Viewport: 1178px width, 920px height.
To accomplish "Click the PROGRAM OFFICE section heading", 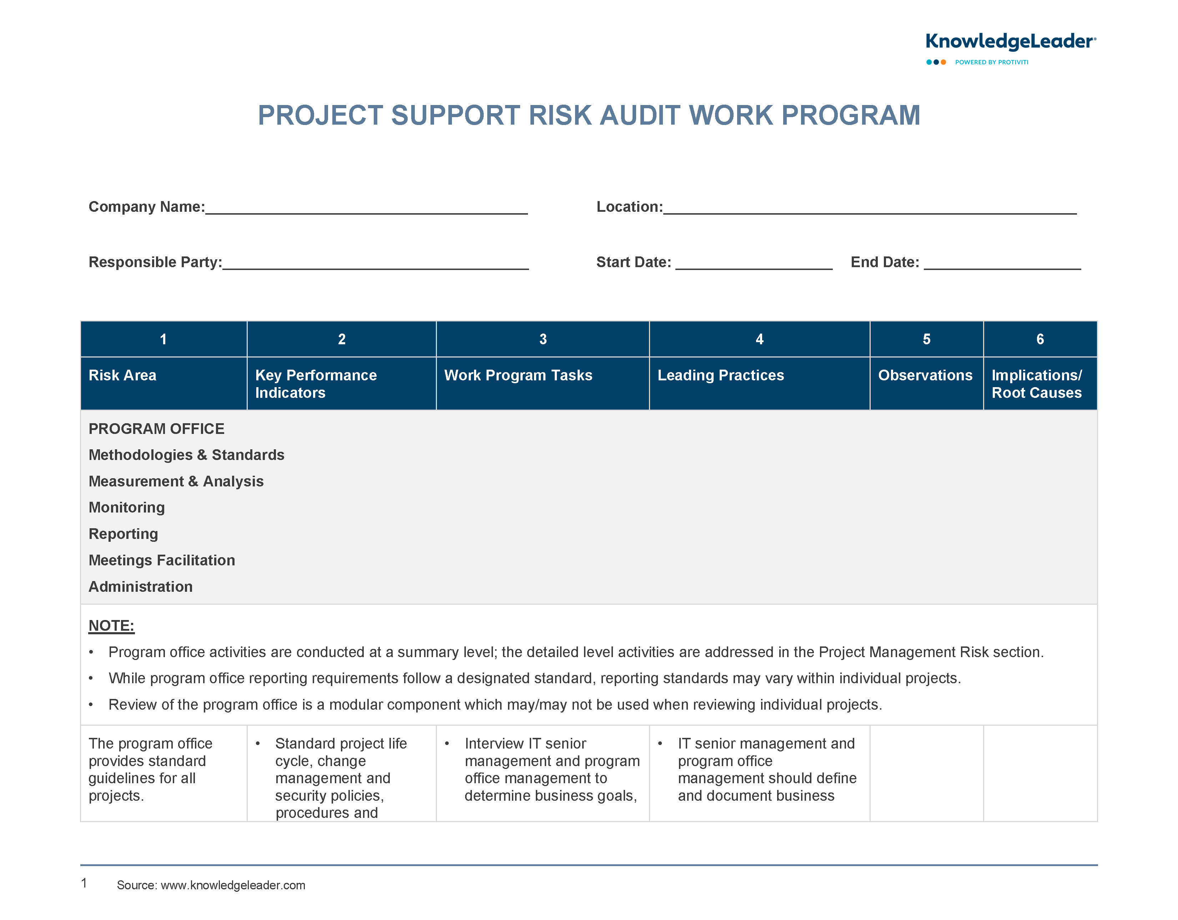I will pos(156,429).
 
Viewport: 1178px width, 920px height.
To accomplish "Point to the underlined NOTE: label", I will pos(111,626).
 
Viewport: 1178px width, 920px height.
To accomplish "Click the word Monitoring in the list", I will pos(127,508).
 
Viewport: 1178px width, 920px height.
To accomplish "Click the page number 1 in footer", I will pos(84,883).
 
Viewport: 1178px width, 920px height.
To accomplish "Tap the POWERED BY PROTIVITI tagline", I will pos(991,62).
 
